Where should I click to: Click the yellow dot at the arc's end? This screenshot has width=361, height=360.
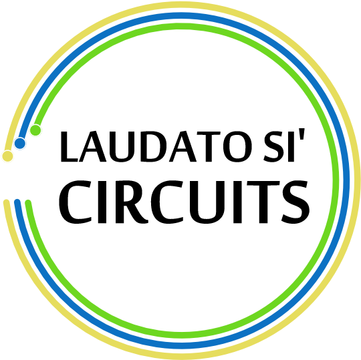click(7, 156)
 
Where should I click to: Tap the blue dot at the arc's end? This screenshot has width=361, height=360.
click(20, 144)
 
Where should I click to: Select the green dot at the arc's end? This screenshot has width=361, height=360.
click(35, 130)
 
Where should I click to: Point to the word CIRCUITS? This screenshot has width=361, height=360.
click(185, 202)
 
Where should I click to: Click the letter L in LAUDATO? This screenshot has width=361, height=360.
click(69, 147)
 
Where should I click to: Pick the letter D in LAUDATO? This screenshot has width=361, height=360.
click(152, 147)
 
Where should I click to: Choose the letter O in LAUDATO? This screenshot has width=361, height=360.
click(237, 147)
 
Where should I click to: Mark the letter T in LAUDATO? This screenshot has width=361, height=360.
click(209, 147)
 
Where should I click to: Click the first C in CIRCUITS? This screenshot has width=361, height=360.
click(76, 202)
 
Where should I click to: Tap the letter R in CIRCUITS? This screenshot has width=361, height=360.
click(132, 202)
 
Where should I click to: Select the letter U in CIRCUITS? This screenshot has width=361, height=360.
click(207, 202)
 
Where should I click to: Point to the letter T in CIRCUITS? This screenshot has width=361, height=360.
click(263, 202)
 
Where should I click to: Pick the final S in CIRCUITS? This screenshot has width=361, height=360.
click(295, 202)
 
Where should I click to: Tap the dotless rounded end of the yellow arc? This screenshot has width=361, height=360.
click(6, 202)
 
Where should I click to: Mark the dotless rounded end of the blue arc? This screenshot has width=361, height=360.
click(17, 202)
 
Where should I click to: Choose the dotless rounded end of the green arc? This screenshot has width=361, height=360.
click(28, 203)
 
